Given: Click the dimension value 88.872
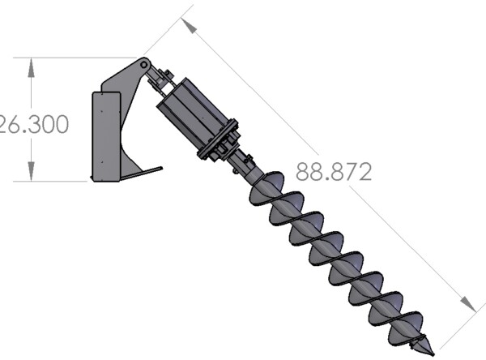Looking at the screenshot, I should point(334,172).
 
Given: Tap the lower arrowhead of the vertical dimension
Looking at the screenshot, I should point(31,171).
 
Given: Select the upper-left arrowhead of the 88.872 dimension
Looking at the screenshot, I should point(190,26).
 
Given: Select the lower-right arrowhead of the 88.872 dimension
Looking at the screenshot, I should point(468,304).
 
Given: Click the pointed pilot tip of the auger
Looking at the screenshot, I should point(422,347).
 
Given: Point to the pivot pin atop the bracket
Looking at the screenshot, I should point(144,62).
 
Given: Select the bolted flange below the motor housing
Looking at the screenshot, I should point(219,144).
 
